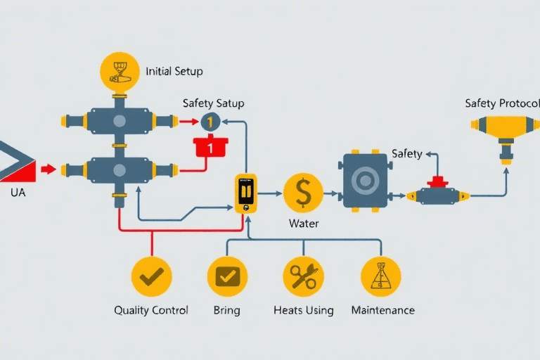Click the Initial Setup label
[x=174, y=71]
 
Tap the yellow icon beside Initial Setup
[x=120, y=72]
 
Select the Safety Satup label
[x=213, y=103]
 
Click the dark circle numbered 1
[x=210, y=122]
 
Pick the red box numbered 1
[x=210, y=147]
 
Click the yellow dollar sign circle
[x=303, y=193]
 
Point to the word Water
[x=304, y=224]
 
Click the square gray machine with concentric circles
[x=365, y=181]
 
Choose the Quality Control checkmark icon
[x=151, y=276]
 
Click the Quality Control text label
[x=151, y=310]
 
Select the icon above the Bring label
[x=227, y=276]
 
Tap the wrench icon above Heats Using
[x=303, y=276]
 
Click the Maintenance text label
[x=382, y=310]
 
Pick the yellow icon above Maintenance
[x=380, y=276]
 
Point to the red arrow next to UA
[x=48, y=169]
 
